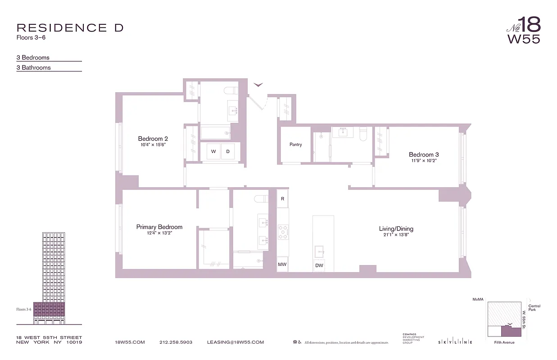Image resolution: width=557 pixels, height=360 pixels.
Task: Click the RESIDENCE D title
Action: point(70,28)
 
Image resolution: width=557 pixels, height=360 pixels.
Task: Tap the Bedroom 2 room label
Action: point(153,139)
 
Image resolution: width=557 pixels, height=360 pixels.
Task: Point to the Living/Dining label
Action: point(396,229)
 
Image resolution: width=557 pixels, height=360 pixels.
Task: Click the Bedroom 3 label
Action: point(423,154)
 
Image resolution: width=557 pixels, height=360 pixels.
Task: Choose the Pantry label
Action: point(295,144)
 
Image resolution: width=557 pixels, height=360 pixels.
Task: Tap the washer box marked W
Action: point(213,152)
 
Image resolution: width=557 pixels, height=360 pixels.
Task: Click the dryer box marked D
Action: point(228,152)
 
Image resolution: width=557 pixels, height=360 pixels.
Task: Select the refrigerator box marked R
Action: point(282,198)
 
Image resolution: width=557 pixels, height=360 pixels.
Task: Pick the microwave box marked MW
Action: point(282,264)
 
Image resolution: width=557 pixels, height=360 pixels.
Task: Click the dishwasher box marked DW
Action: point(319,265)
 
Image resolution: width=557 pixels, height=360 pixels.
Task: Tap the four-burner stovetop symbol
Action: point(283,232)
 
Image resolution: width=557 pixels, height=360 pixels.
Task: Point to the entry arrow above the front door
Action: point(258,84)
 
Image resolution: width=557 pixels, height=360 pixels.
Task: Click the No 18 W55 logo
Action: point(524,30)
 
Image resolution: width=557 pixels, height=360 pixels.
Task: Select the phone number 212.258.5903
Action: point(176,342)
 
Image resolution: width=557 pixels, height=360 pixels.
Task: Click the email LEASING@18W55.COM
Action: point(235,342)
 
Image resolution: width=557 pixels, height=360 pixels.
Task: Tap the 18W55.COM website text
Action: point(130,342)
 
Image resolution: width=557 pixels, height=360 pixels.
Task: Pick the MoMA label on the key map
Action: point(478,299)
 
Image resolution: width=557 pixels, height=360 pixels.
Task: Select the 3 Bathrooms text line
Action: point(34,67)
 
